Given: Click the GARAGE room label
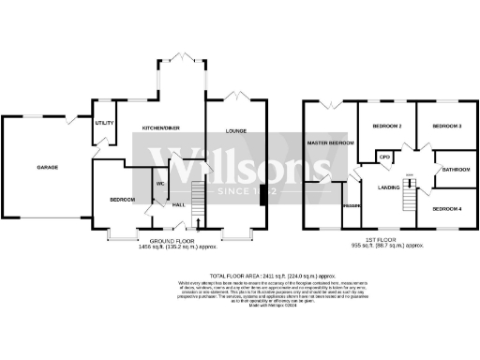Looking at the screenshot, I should tap(48, 167).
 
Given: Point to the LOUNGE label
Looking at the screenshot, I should tap(235, 131).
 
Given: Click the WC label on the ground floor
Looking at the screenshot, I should tap(160, 184).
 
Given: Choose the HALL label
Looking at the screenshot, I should tap(178, 203).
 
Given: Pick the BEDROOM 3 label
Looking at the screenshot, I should tap(446, 126).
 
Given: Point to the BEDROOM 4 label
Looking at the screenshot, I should tap(446, 207).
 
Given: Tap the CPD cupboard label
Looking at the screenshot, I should tap(384, 157).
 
